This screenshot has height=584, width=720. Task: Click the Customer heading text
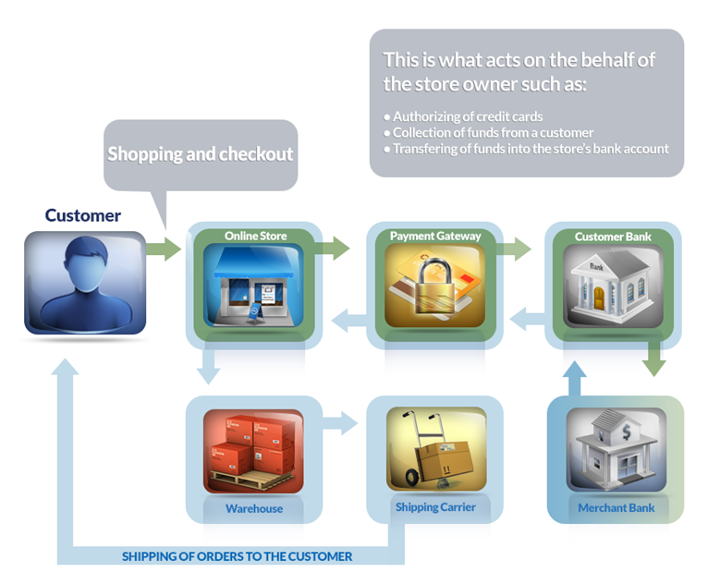pos(83,215)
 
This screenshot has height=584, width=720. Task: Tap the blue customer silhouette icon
pos(84,282)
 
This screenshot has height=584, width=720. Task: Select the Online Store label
pos(255,237)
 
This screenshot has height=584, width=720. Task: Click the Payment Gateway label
pos(435,237)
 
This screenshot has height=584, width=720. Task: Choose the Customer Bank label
pos(613,237)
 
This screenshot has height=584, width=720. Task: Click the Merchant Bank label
pos(616,508)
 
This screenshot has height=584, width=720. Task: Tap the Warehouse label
pos(254,508)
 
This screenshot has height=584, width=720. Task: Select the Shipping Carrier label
pos(435,507)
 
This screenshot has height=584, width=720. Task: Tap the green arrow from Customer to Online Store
pos(165,248)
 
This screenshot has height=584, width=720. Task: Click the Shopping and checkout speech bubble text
pos(200,153)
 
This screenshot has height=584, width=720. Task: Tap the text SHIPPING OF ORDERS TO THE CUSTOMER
pos(237,556)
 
